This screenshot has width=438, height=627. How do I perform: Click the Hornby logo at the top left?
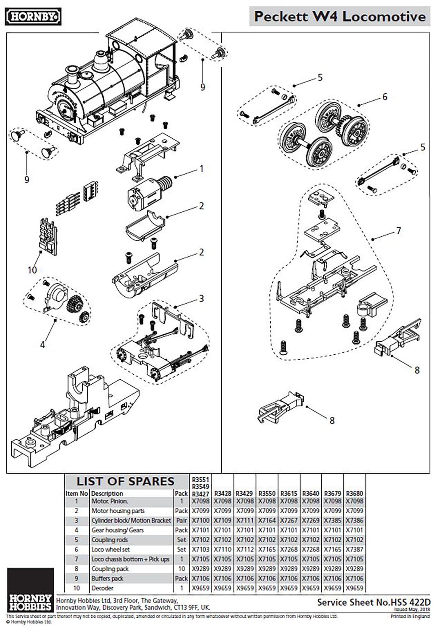point(33,17)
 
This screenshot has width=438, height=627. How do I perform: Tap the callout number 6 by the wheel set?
point(385,97)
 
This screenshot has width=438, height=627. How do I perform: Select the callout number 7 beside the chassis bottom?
point(398,231)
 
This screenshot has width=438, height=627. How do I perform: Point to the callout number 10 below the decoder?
point(32,270)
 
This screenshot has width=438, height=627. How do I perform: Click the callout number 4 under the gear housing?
point(42,344)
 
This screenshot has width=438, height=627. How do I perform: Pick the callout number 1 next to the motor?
point(201,169)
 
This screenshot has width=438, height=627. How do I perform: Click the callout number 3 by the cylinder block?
point(201,298)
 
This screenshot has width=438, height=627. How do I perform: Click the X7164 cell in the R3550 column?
point(267,520)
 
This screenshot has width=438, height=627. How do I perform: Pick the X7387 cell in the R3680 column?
point(354,549)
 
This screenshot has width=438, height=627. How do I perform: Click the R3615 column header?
point(289,493)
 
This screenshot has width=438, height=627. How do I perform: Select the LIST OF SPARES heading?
point(126,481)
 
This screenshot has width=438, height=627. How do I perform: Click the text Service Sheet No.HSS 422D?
point(373,602)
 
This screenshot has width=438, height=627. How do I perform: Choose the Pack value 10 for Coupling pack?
point(182,569)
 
